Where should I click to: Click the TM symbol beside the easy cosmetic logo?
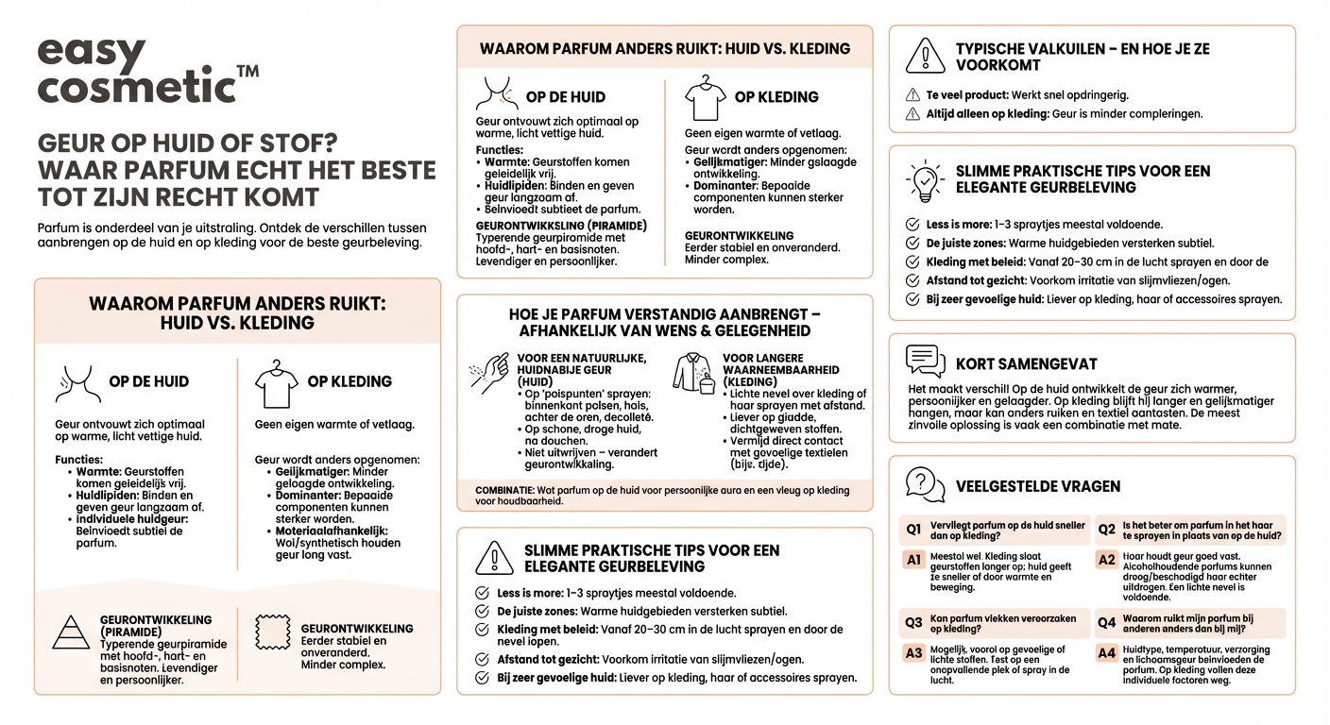(x=247, y=72)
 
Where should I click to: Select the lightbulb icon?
(x=925, y=180)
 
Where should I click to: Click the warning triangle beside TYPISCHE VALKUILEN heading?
(x=925, y=56)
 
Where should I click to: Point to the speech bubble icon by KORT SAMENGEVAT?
(x=925, y=361)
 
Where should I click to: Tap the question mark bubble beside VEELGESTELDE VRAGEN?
(x=925, y=484)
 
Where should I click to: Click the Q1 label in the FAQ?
(x=913, y=530)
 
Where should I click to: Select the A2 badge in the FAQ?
(x=1106, y=560)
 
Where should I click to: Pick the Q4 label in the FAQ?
(x=1107, y=622)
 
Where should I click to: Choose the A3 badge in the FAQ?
(x=913, y=652)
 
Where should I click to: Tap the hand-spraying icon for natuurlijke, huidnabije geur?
(x=489, y=371)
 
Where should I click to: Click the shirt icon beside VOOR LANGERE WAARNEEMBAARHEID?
(x=693, y=374)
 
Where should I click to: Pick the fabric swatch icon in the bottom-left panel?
(x=272, y=633)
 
